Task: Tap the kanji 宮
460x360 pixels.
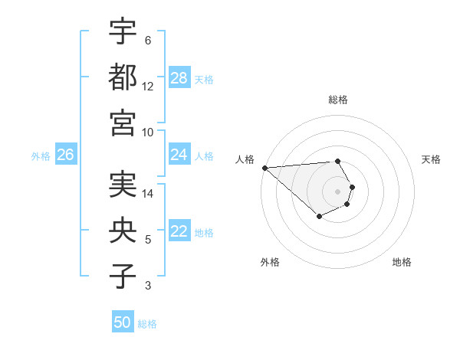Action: tap(123, 122)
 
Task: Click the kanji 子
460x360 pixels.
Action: tap(123, 275)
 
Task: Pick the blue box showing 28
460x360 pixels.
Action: tap(179, 78)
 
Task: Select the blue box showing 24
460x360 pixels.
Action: tap(179, 155)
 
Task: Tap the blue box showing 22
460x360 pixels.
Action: tap(179, 232)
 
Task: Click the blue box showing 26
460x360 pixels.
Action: tap(65, 155)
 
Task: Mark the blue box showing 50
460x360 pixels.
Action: tap(123, 322)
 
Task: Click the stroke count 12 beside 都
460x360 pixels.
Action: tap(147, 87)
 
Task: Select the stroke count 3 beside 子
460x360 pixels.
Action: tap(147, 286)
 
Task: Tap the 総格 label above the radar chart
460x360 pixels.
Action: tap(338, 100)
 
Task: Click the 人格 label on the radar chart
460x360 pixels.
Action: tap(245, 159)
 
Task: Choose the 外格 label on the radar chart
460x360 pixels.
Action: tap(270, 262)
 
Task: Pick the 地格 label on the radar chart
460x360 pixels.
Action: tap(402, 262)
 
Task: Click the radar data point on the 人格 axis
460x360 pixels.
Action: tap(264, 167)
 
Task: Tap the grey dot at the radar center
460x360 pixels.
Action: tap(337, 191)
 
